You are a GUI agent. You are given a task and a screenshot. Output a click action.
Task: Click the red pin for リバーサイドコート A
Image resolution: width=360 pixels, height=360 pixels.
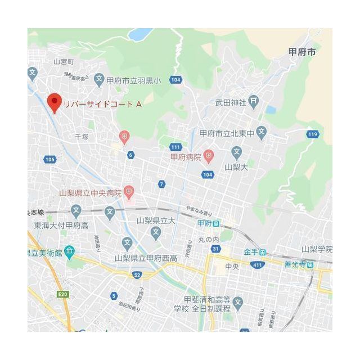(54, 101)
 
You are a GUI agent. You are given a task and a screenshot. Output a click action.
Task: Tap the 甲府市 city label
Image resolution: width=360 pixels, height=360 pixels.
(302, 52)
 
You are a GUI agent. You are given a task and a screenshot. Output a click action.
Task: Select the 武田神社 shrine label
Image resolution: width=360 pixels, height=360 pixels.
(231, 102)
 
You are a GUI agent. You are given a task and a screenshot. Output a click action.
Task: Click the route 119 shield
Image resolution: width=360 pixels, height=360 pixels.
(313, 134)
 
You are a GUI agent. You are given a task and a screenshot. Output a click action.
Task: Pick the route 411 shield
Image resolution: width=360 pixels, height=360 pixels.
(257, 264)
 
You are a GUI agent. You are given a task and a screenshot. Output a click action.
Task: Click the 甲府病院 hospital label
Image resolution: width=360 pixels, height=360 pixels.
(186, 157)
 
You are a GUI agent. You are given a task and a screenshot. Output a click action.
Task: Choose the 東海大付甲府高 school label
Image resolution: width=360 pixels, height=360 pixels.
(61, 226)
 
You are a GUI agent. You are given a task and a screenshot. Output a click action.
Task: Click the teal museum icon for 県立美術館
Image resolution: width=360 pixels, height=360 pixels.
(69, 251)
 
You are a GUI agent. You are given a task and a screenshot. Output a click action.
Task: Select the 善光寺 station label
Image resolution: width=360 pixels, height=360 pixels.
(298, 263)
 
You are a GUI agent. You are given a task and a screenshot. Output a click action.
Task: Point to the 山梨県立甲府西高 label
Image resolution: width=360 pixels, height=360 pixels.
(146, 258)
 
